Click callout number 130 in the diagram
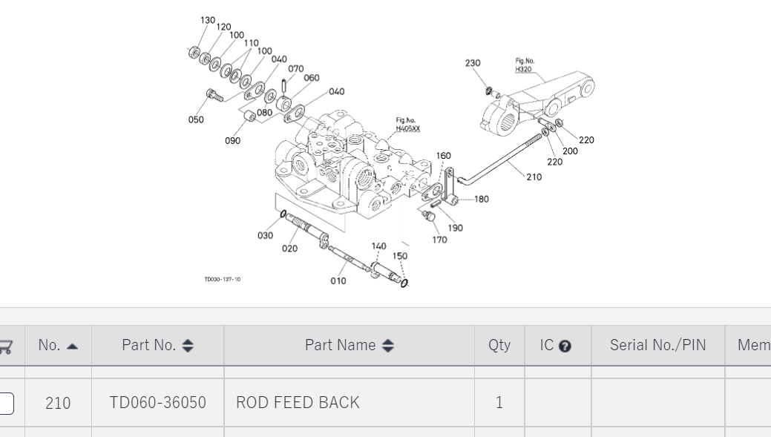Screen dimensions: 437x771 (x=208, y=21)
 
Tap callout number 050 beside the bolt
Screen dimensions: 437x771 (x=196, y=119)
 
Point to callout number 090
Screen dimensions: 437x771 (x=232, y=141)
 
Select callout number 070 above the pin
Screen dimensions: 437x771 (x=295, y=69)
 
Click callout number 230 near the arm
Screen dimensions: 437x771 (x=473, y=63)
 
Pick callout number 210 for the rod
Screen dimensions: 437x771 (x=534, y=177)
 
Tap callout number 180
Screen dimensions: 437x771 (x=481, y=199)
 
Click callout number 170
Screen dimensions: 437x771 (x=439, y=240)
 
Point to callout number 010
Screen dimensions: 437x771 (x=338, y=280)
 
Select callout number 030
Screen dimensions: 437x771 (x=265, y=235)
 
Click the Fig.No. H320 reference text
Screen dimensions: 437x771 (x=524, y=65)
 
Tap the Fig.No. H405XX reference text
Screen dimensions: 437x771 (x=407, y=124)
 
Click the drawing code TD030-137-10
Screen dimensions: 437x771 (x=222, y=280)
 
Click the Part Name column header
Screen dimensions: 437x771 (x=349, y=345)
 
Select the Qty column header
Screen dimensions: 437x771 (x=499, y=345)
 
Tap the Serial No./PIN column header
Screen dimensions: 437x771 (x=657, y=345)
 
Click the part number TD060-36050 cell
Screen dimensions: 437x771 (x=157, y=402)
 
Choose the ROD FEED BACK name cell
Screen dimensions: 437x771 (x=298, y=402)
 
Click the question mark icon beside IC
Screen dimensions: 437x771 (x=565, y=346)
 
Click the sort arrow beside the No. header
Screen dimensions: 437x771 (x=72, y=346)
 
